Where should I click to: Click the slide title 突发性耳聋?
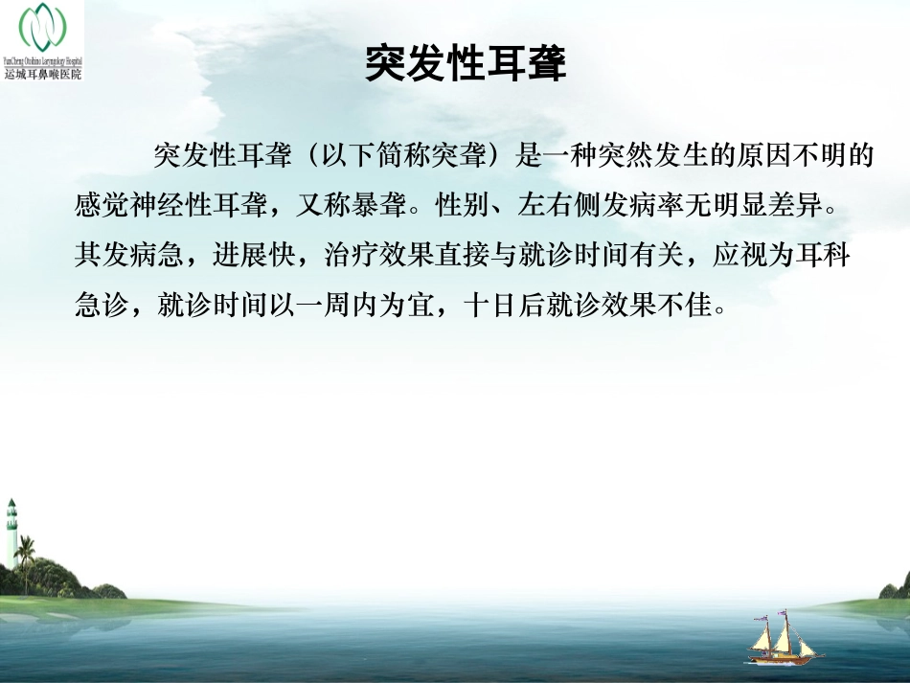point(466,64)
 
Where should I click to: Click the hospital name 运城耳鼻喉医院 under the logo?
point(43,74)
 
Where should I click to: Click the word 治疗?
point(349,258)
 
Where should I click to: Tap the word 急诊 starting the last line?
point(100,307)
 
